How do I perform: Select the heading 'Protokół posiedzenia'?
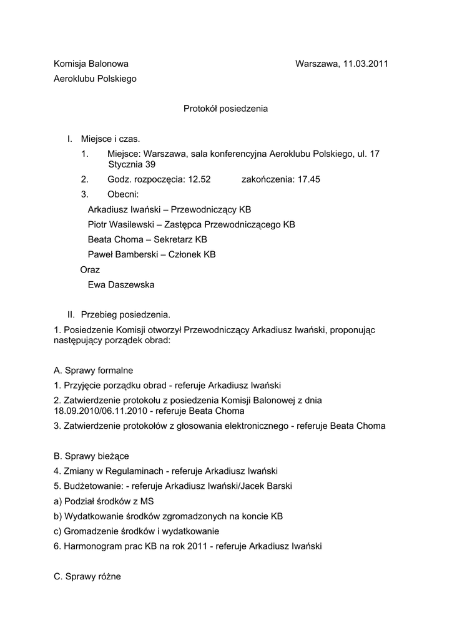(x=225, y=109)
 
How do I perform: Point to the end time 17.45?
(x=308, y=179)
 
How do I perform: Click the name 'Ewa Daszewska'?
(x=121, y=285)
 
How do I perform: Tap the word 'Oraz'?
(x=90, y=270)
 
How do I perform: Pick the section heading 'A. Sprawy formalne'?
(x=94, y=370)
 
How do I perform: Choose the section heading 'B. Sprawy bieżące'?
(x=92, y=456)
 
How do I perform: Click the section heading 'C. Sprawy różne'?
(x=87, y=576)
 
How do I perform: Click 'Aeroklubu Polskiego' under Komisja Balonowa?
(x=95, y=79)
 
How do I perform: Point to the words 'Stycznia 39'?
(x=132, y=165)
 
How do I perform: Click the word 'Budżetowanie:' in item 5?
(x=92, y=486)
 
